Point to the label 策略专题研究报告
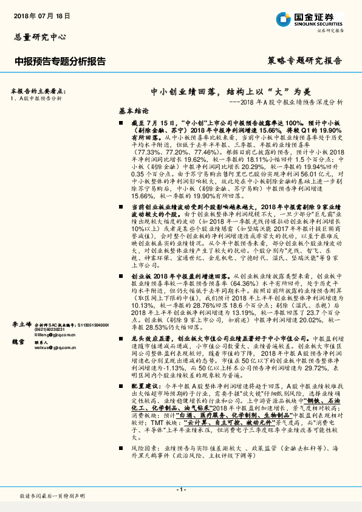[304, 61]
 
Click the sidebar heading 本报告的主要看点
[39, 89]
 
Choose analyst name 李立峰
[21, 325]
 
